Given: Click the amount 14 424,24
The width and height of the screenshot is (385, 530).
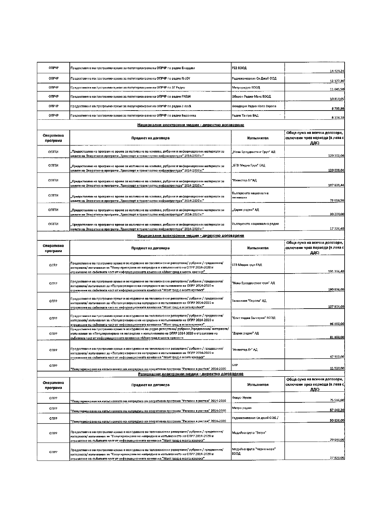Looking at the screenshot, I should [337, 71].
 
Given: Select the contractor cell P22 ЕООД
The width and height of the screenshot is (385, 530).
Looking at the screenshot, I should [239, 68].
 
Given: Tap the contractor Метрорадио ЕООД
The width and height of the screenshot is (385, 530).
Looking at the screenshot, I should [246, 87].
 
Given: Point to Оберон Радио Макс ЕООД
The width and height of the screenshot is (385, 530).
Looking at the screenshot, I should [251, 96].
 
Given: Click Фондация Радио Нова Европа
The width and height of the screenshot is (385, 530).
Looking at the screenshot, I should [254, 106].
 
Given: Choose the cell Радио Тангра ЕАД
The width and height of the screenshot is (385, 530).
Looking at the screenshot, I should [245, 116].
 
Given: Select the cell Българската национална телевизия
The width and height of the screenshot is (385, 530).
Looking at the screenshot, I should [250, 195].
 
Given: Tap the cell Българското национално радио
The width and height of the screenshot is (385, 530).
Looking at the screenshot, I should [255, 224].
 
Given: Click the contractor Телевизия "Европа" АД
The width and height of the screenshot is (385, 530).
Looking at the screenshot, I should [249, 301].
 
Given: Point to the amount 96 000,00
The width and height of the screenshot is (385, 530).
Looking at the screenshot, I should [337, 324].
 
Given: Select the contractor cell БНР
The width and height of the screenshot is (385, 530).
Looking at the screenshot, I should [235, 365].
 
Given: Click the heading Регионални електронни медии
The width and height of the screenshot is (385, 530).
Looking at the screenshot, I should [191, 374].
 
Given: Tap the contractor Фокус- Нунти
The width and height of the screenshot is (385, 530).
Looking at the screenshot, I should [242, 398].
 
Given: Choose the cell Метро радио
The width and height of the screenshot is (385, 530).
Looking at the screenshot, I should [241, 408].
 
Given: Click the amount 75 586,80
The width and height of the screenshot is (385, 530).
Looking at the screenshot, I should [337, 400].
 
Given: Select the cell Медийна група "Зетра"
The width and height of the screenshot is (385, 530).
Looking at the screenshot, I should [249, 433].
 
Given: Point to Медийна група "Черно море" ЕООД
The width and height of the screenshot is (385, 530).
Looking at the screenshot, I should [253, 451].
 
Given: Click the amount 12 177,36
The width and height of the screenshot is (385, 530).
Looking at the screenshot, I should [337, 81].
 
